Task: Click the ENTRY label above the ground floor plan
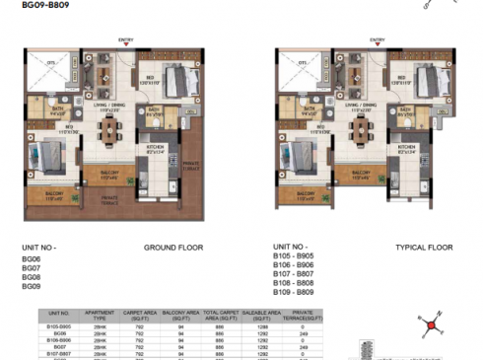pyautogui.click(x=126, y=39)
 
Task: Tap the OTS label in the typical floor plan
pyautogui.click(x=296, y=65)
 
